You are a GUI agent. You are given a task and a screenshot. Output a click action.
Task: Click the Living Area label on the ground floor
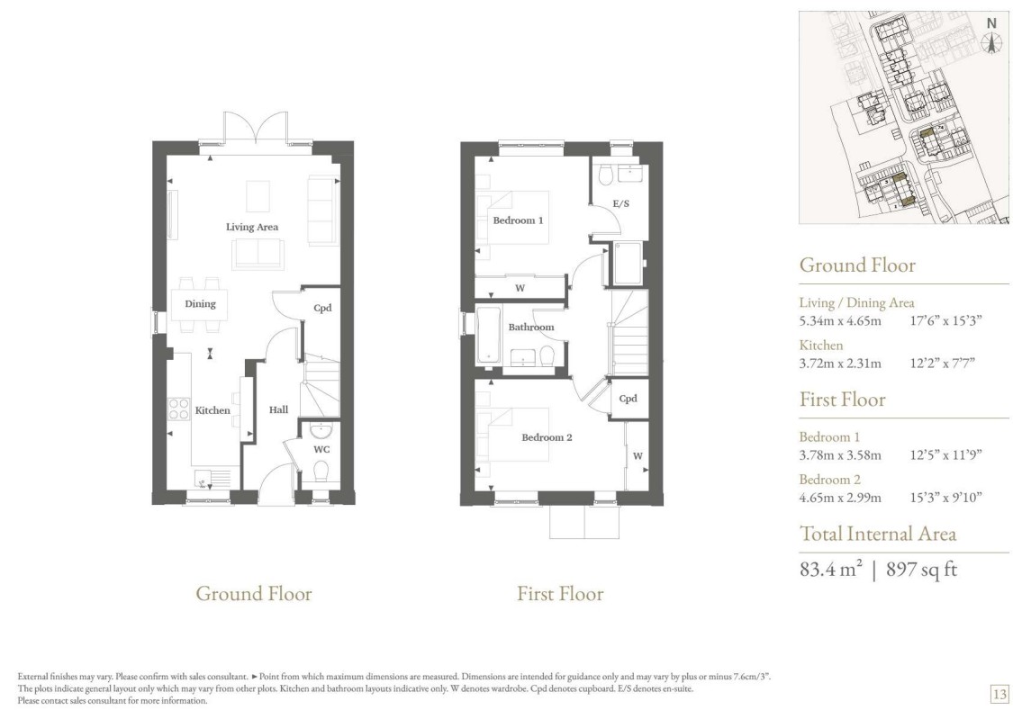pos(252,227)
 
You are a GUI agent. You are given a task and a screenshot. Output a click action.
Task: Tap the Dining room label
pos(200,304)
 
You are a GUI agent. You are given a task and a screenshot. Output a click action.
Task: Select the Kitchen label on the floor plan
pos(213,410)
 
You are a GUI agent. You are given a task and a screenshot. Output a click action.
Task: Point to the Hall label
pos(278,409)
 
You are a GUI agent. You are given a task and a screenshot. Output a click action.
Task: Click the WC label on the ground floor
pos(321,449)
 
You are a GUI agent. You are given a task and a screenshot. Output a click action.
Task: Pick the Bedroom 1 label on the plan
pos(518,220)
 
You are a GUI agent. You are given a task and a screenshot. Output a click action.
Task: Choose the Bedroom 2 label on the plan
pos(547,437)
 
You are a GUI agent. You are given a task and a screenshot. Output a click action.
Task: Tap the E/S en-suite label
pos(620,204)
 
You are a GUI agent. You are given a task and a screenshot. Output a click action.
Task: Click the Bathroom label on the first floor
pos(531,328)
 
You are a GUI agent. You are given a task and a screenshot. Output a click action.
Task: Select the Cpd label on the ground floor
pos(322,309)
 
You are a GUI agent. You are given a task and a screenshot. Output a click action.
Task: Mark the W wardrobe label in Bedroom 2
pos(638,456)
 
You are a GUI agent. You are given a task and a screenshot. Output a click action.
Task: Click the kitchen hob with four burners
pos(178,409)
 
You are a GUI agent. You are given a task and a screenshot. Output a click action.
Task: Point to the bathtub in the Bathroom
pos(488,335)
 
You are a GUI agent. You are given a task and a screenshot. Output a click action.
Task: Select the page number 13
pos(999,695)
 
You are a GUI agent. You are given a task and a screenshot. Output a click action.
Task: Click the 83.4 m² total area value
pos(831,569)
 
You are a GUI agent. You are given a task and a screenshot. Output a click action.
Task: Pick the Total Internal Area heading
pos(878,534)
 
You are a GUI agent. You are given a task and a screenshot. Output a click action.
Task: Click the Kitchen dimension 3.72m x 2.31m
pos(840,364)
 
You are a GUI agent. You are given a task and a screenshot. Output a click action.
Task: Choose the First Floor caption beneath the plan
pos(560,594)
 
